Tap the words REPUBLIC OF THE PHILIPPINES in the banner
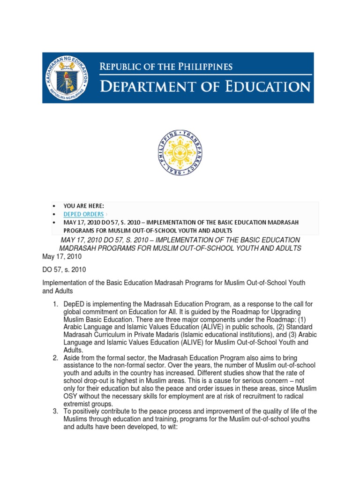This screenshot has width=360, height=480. click(x=165, y=67)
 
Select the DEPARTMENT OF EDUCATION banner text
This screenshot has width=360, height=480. click(x=205, y=87)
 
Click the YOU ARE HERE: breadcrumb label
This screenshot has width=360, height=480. click(x=84, y=206)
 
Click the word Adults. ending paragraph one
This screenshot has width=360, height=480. click(x=73, y=350)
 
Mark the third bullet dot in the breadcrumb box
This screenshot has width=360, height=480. click(x=54, y=222)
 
